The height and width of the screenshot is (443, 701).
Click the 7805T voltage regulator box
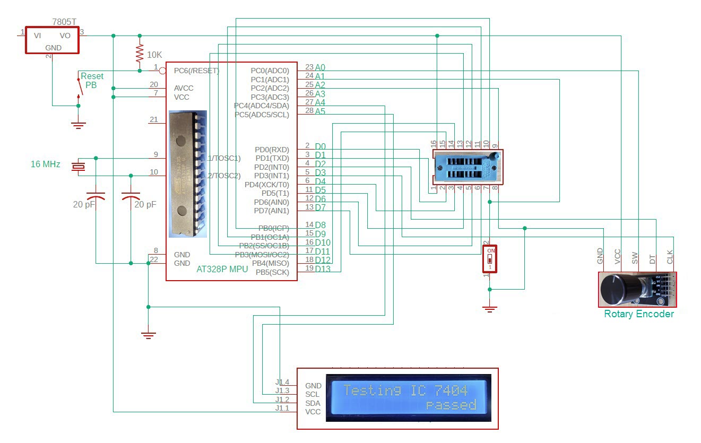tap(52, 40)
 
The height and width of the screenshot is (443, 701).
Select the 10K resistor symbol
tap(140, 54)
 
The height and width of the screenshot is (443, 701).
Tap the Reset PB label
tap(92, 81)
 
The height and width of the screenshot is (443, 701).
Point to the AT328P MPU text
tap(222, 269)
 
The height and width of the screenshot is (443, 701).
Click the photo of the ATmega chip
tap(187, 173)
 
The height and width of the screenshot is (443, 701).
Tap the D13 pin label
tap(323, 269)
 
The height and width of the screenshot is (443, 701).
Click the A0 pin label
tap(320, 67)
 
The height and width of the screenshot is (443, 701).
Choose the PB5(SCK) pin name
tap(272, 272)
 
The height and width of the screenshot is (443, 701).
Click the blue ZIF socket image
tap(467, 167)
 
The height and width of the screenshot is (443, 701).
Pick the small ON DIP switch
tap(490, 258)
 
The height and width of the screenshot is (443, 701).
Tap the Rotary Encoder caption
tap(638, 314)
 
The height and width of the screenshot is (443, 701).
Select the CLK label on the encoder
tap(670, 257)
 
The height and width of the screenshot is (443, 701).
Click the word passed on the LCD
tap(451, 405)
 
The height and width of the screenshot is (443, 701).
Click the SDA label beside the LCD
tap(313, 403)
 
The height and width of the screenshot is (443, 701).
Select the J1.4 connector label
tap(282, 382)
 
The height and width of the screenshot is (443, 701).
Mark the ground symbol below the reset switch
tap(79, 125)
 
